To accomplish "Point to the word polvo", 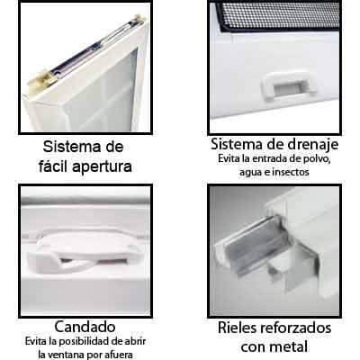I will tap(318, 159).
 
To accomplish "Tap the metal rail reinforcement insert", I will tap(256, 261).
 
